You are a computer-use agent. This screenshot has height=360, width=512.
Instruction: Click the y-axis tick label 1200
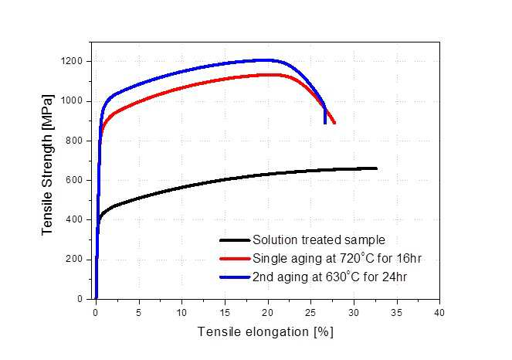point(71,61)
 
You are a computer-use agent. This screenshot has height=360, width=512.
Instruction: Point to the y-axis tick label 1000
point(71,101)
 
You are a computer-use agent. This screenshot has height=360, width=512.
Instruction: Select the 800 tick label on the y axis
point(74,141)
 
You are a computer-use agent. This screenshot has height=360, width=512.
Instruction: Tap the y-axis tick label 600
point(74,180)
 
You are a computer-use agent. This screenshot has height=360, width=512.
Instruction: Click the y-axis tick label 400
point(74,219)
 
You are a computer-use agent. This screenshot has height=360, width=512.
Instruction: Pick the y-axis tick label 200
point(74,259)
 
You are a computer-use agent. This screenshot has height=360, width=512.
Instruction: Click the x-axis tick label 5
point(139,313)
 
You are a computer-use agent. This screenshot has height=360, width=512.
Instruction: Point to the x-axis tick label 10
point(182,313)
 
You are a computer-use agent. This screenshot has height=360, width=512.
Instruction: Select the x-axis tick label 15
point(225,313)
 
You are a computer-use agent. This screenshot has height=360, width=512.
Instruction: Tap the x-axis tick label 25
point(311,313)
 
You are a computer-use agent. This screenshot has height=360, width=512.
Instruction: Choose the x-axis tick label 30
point(354,313)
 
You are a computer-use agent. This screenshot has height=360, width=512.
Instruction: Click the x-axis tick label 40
point(439,313)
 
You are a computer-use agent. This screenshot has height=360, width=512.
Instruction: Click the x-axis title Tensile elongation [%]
point(266,332)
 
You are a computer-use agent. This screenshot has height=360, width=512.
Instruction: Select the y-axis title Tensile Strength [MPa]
point(47,165)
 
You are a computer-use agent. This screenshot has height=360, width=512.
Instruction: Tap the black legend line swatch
point(235,240)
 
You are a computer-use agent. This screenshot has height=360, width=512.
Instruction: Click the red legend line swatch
point(235,259)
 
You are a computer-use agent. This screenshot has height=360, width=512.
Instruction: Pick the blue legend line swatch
point(235,277)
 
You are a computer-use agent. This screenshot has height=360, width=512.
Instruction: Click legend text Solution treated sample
point(319,240)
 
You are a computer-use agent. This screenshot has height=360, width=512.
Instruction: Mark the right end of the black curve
point(377,168)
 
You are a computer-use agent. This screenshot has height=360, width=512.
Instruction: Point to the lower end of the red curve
point(334,123)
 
